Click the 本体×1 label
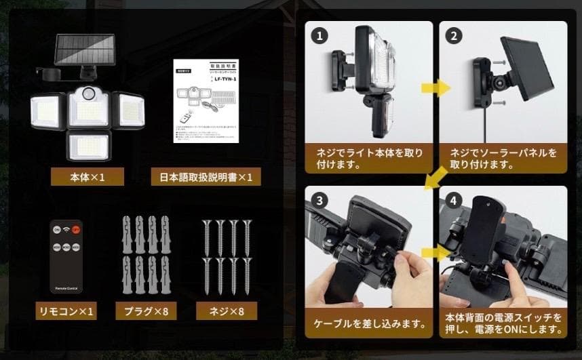(88, 178)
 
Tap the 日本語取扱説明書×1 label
(206, 178)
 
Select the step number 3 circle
(318, 201)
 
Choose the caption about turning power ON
(503, 324)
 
